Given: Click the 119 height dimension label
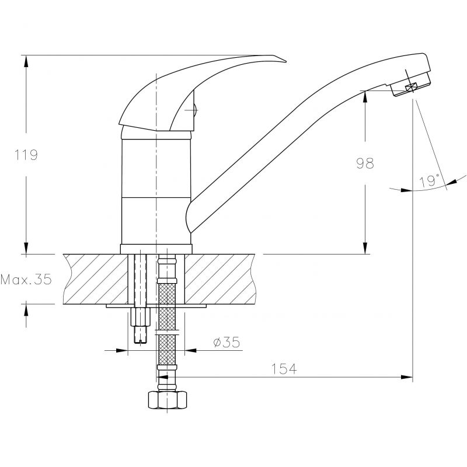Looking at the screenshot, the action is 26,155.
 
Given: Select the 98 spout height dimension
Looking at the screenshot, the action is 365,163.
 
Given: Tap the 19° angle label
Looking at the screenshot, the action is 429,181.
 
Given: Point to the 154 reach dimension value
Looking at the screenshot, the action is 284,369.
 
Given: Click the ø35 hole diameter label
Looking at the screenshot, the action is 226,342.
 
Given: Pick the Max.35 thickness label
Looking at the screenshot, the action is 26,280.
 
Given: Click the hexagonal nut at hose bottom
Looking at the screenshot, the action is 168,400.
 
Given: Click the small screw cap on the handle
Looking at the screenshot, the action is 195,110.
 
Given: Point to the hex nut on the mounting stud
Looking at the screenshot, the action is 140,317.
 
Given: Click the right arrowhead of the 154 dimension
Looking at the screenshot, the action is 407,377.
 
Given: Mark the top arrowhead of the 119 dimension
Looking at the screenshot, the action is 26,61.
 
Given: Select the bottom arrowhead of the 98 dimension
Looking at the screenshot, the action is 365,248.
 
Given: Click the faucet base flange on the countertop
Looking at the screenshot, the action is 156,249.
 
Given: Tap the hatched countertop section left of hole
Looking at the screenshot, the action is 96,279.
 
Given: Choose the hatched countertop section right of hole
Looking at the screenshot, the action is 220,279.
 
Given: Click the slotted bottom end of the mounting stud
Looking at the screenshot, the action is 140,335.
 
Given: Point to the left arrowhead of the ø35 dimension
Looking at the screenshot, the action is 122,350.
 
